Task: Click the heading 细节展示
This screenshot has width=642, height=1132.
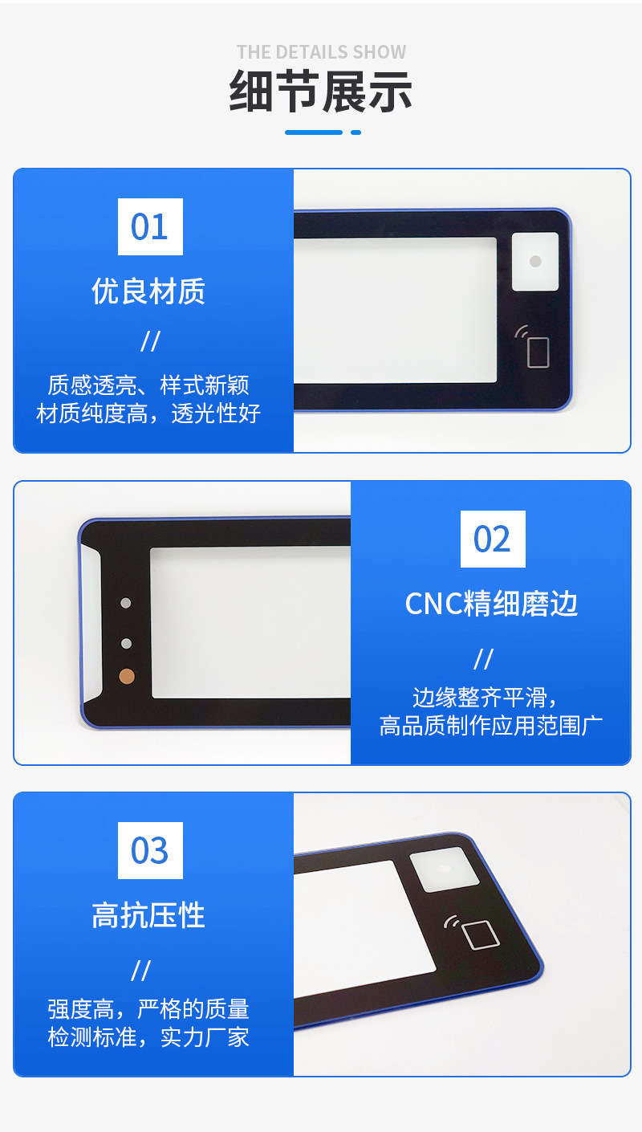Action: (x=321, y=92)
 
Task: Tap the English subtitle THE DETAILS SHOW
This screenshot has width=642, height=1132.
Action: (x=321, y=52)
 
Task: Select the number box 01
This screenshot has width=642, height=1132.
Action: (x=150, y=226)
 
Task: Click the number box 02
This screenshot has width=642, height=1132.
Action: (x=492, y=539)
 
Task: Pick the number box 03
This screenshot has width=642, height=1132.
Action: (x=150, y=850)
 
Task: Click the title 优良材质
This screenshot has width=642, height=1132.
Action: (x=148, y=291)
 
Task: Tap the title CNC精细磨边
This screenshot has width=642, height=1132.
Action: (x=491, y=604)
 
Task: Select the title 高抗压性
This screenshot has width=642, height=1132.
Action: (x=148, y=915)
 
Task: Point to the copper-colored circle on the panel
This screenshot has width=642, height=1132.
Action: (x=126, y=676)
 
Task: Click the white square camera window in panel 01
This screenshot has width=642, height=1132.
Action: (x=535, y=262)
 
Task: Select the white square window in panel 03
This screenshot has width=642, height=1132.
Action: (x=444, y=869)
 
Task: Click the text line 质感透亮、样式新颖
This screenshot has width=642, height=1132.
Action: (x=148, y=385)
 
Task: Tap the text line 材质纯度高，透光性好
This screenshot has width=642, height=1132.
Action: (x=148, y=413)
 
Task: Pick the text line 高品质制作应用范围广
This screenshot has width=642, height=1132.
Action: (x=491, y=726)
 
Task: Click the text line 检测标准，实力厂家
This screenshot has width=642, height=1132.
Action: (x=148, y=1037)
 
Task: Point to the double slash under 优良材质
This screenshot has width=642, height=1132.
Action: (x=150, y=341)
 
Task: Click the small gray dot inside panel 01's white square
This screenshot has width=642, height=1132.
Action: (x=535, y=262)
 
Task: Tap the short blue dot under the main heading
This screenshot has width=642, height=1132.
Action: (x=356, y=132)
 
